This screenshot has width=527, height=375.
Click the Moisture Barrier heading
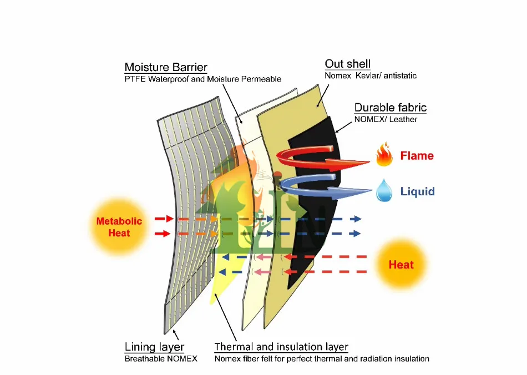coord(166,67)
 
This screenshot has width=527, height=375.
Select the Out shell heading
coord(348,64)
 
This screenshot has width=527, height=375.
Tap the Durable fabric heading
coord(391,108)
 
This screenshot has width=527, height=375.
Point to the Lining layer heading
coord(154,347)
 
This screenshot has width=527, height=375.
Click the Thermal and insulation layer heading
coord(281,347)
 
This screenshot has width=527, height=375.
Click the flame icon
coord(384,156)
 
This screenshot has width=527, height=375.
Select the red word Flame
coord(417,156)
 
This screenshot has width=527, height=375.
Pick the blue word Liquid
coord(417,191)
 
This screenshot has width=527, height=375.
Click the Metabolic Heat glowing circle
coord(119,226)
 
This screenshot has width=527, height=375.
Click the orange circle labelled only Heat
coord(401,265)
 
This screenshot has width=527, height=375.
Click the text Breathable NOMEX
coord(161,359)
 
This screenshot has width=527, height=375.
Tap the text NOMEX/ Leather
coord(386,119)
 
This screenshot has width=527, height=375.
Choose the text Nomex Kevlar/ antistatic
coord(371,75)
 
